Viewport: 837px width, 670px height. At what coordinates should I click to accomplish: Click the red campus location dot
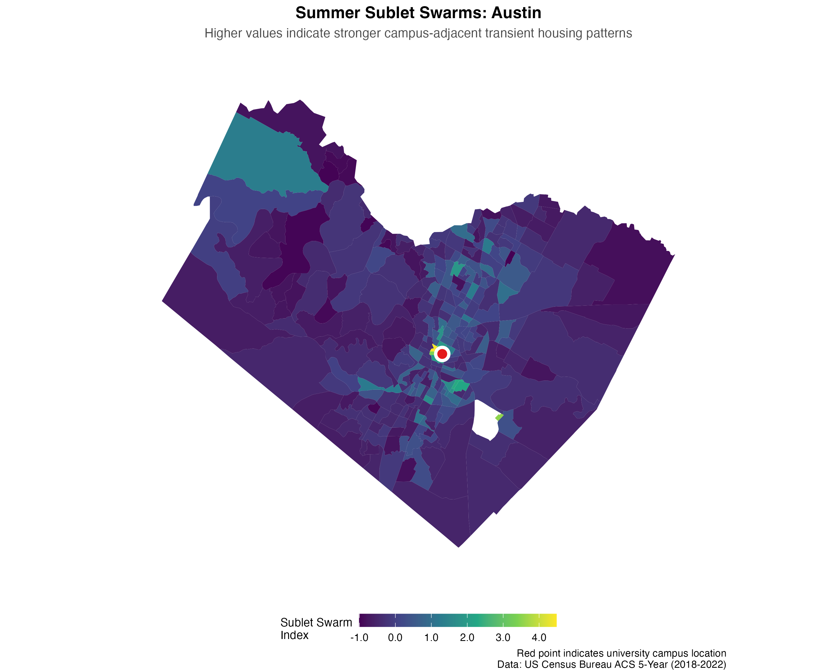(442, 354)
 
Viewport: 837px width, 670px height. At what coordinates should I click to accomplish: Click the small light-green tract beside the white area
(499, 417)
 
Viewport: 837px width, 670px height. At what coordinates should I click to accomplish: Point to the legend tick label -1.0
(359, 637)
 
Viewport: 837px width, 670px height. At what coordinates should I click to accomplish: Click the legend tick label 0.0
(395, 637)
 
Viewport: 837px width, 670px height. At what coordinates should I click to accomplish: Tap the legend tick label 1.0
(431, 637)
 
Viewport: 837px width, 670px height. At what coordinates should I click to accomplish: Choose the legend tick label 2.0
(467, 637)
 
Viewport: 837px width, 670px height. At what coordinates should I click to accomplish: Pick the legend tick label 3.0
(503, 637)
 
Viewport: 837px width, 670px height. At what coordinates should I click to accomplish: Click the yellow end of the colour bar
(553, 620)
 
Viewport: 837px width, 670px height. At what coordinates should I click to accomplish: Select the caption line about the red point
(621, 653)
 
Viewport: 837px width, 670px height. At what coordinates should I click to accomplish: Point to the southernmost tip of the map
(459, 547)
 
